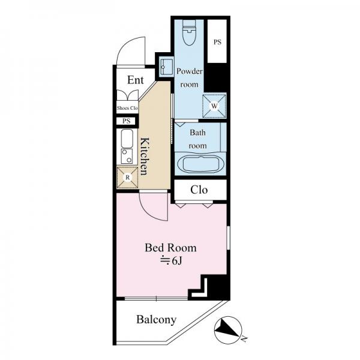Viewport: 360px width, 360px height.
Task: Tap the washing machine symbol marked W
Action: click(x=214, y=106)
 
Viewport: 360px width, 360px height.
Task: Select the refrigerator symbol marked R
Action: click(x=127, y=177)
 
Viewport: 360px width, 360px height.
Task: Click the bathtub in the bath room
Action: click(x=200, y=163)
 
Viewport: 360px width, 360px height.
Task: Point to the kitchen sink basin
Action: click(x=127, y=139)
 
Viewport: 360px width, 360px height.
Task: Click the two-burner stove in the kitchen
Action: click(x=127, y=156)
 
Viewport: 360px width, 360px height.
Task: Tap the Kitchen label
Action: click(x=145, y=157)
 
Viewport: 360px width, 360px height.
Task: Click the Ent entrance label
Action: click(x=136, y=80)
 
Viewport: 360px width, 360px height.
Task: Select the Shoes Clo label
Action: click(x=127, y=108)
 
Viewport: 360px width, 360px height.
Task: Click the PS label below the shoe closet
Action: click(x=126, y=121)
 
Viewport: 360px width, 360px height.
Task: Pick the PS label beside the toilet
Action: click(x=217, y=42)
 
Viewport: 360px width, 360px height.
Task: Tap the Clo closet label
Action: click(x=199, y=190)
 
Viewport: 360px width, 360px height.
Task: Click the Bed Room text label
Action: click(x=170, y=248)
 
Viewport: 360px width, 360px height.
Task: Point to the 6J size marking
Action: click(x=171, y=260)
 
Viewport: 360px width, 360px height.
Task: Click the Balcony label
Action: click(x=157, y=320)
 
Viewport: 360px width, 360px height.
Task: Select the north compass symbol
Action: click(x=228, y=329)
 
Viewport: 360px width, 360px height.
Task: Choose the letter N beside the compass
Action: click(x=244, y=338)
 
